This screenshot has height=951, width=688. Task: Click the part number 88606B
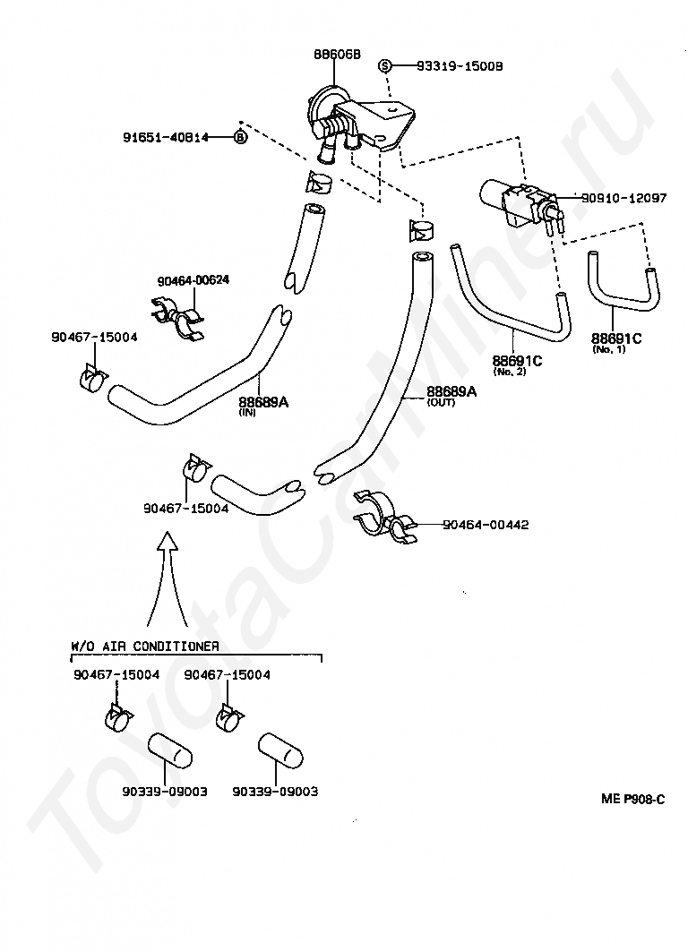click(337, 55)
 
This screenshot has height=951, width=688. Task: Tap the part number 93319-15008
click(460, 66)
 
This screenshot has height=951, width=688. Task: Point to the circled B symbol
click(241, 138)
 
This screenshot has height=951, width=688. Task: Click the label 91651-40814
click(166, 138)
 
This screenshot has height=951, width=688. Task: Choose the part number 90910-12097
click(623, 198)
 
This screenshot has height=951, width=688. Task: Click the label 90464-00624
click(193, 281)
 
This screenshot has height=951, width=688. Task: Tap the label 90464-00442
click(486, 525)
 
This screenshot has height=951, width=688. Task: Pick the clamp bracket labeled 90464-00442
click(384, 517)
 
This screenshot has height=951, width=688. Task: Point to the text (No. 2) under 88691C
click(510, 372)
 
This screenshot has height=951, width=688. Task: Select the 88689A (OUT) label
click(451, 396)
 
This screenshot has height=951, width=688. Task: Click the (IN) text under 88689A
click(247, 413)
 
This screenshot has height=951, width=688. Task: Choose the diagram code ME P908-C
click(632, 799)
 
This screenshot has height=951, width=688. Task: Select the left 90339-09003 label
click(165, 792)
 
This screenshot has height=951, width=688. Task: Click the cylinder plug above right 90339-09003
click(280, 750)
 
